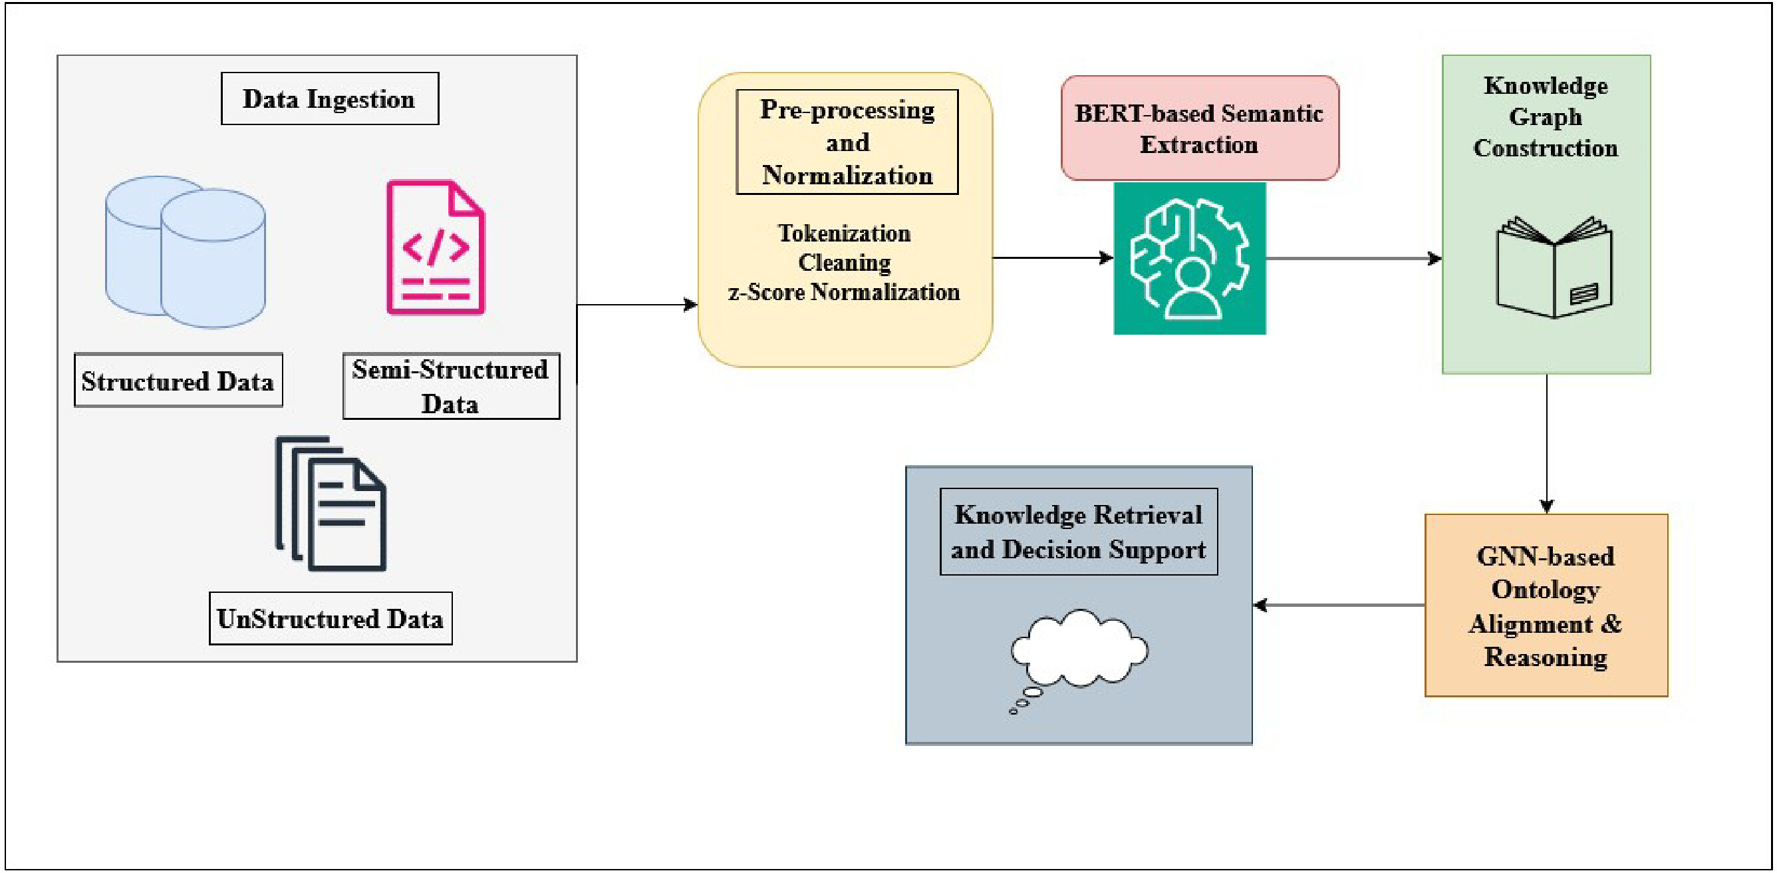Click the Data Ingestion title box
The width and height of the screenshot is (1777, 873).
(x=330, y=98)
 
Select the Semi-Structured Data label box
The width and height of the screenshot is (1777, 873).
(x=451, y=386)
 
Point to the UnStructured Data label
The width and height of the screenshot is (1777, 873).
(x=331, y=618)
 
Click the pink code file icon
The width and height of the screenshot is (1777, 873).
(x=436, y=247)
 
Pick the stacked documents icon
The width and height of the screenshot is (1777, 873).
(x=331, y=504)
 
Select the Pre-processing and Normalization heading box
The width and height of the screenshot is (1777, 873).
(x=847, y=142)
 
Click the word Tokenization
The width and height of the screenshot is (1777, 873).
(x=845, y=234)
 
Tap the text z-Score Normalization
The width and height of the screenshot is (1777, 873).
(x=845, y=292)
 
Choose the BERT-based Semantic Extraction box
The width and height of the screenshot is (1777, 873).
(x=1200, y=128)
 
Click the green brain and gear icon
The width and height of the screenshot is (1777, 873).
(x=1190, y=258)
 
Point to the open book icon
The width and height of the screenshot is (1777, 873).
(x=1554, y=267)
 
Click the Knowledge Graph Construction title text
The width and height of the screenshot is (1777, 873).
(x=1545, y=116)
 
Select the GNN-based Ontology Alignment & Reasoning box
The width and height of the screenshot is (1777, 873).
(x=1546, y=606)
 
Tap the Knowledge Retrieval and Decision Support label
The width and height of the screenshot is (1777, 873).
(x=1079, y=532)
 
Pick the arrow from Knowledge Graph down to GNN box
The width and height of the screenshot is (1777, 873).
(x=1547, y=444)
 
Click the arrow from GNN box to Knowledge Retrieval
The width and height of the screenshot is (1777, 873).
(x=1339, y=606)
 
